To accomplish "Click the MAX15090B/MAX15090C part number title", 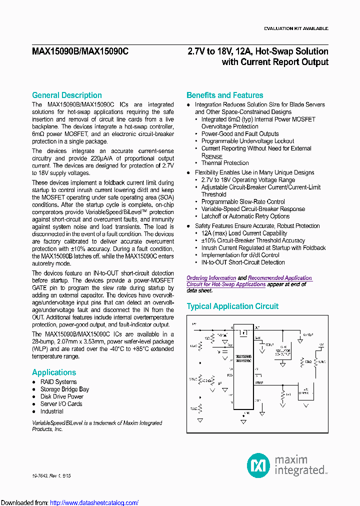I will [80, 51].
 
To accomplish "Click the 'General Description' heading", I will [66, 95].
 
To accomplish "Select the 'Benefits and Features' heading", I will [224, 95].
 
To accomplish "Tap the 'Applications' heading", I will [54, 372].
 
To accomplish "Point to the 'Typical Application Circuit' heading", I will [232, 306].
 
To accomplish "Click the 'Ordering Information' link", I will [211, 278].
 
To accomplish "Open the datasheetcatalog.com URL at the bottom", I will [94, 502].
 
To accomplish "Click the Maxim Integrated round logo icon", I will [258, 465].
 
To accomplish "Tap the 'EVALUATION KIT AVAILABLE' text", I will [296, 28].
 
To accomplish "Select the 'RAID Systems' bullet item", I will [58, 382].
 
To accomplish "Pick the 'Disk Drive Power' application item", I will [62, 396].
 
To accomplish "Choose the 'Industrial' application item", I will [52, 411].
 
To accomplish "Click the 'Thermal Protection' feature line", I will [225, 163].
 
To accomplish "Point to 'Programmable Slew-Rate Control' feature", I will [243, 202].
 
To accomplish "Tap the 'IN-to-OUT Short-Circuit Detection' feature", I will [243, 262].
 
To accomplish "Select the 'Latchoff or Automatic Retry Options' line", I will [245, 216].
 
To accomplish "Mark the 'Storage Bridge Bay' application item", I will [64, 389].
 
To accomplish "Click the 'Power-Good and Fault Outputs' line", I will [240, 134].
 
